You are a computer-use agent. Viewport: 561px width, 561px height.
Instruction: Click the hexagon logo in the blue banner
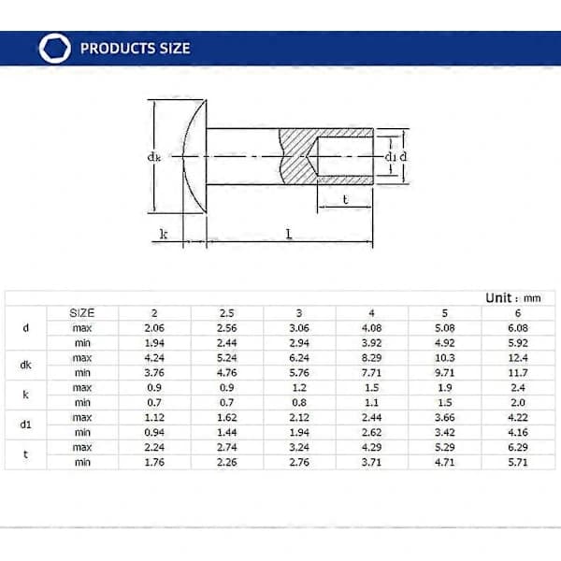[x=55, y=49]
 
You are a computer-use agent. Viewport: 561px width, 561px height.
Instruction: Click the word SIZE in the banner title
[x=175, y=49]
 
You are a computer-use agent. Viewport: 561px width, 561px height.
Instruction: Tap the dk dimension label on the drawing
[x=154, y=156]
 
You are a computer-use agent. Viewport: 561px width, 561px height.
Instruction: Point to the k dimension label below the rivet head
[x=164, y=234]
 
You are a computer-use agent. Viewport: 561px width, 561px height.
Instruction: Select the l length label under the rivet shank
[x=289, y=234]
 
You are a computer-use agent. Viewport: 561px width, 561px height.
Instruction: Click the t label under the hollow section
[x=345, y=199]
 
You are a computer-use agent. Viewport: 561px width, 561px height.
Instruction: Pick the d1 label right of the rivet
[x=390, y=156]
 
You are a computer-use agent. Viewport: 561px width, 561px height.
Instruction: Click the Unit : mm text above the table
[x=513, y=298]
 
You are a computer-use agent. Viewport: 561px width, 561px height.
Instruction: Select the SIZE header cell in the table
[x=82, y=313]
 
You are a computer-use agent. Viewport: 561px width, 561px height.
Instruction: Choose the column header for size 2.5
[x=227, y=313]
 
